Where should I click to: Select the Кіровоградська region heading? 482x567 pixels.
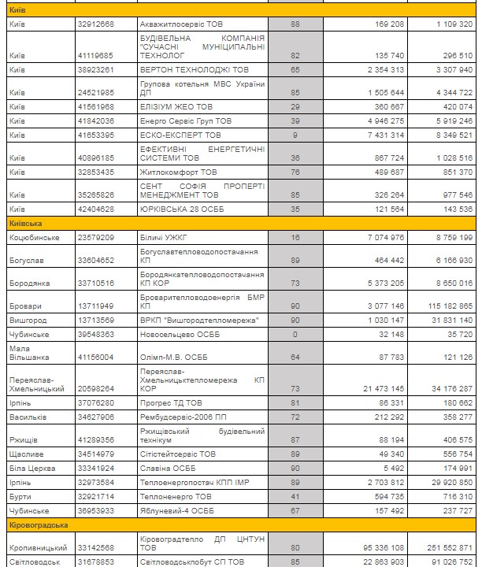click(x=39, y=524)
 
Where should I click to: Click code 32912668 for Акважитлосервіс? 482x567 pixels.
click(x=96, y=24)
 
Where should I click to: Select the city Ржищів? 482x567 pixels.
click(x=23, y=439)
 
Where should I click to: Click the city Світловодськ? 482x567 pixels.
click(x=35, y=561)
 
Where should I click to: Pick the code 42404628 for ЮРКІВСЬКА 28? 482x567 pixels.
click(x=96, y=210)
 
